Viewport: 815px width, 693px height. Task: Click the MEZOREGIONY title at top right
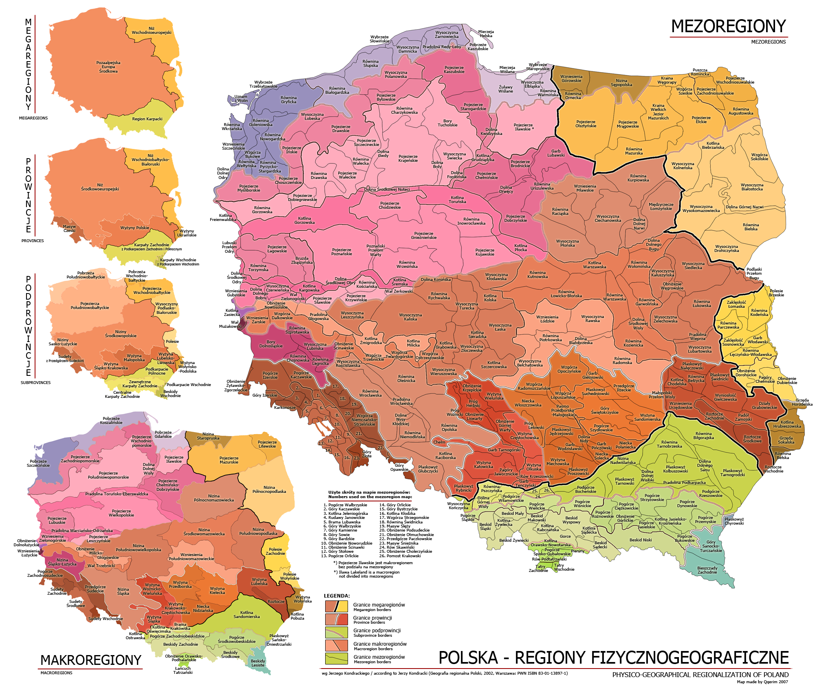[728, 26]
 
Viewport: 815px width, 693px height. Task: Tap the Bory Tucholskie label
[447, 123]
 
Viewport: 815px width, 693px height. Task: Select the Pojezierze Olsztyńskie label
[586, 124]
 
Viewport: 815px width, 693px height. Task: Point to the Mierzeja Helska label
[486, 33]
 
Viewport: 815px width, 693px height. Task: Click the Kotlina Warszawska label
[595, 265]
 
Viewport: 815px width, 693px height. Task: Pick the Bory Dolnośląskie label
[271, 344]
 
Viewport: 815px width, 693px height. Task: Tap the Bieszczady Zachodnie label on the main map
[707, 570]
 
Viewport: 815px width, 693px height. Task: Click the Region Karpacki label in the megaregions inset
[147, 119]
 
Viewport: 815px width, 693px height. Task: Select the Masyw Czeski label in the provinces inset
[69, 228]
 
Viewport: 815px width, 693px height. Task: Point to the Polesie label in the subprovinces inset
[172, 342]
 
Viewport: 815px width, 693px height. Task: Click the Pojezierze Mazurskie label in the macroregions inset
[229, 460]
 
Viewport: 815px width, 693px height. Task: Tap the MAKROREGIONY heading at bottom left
[90, 660]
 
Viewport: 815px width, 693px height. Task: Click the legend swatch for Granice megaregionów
[336, 607]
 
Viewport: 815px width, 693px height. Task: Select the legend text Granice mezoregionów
[379, 657]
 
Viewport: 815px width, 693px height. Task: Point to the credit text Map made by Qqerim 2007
[762, 682]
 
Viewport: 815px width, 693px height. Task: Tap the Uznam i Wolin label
[241, 99]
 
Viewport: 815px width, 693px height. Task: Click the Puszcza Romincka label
[700, 72]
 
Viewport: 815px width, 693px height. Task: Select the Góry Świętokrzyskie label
[605, 410]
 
